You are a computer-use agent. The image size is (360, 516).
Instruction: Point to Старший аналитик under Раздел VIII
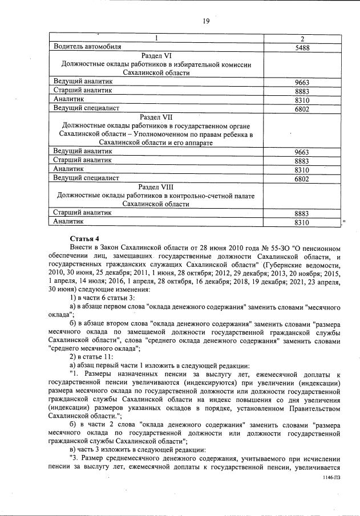click(82, 212)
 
